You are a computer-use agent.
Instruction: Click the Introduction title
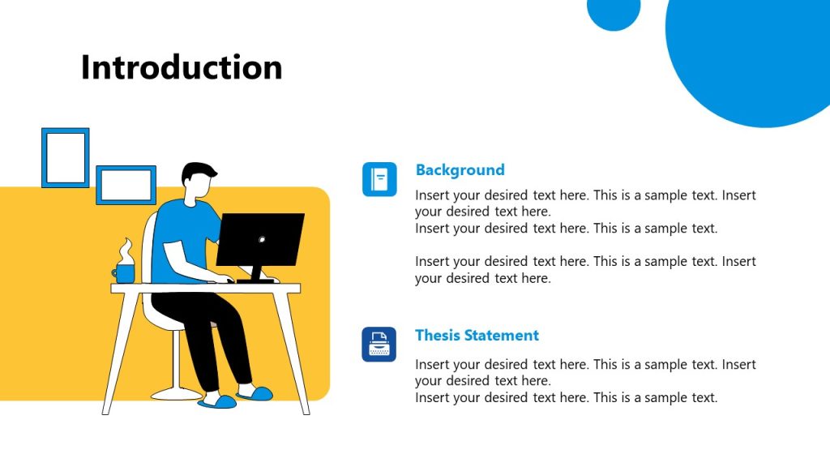pyautogui.click(x=182, y=67)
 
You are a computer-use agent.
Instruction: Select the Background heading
pyautogui.click(x=460, y=169)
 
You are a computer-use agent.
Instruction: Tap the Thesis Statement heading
pyautogui.click(x=477, y=335)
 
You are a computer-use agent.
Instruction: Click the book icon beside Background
pyautogui.click(x=379, y=179)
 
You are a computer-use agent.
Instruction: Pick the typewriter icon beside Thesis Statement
pyautogui.click(x=379, y=345)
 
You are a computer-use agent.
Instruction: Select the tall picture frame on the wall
pyautogui.click(x=65, y=157)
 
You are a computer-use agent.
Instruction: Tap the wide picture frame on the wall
pyautogui.click(x=126, y=185)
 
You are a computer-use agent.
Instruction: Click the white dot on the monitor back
pyautogui.click(x=261, y=240)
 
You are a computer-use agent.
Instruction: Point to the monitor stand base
pyautogui.click(x=255, y=280)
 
